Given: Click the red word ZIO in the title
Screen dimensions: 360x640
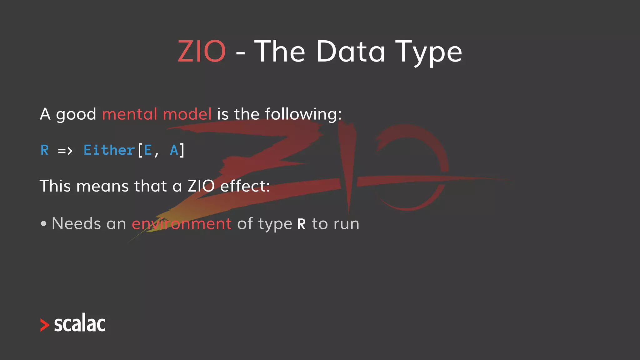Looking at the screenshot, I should pyautogui.click(x=202, y=51).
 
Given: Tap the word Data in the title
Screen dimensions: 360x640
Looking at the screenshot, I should pyautogui.click(x=351, y=51).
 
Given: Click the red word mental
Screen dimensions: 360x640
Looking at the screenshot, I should pyautogui.click(x=130, y=114).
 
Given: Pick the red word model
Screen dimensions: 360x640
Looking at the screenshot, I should pyautogui.click(x=187, y=114).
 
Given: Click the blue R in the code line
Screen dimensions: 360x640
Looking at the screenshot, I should pyautogui.click(x=45, y=150).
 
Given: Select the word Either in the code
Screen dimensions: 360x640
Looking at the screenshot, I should pyautogui.click(x=109, y=150).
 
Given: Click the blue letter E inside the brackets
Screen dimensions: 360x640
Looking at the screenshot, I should pyautogui.click(x=148, y=150).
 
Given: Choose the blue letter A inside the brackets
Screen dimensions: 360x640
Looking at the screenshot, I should pyautogui.click(x=174, y=150).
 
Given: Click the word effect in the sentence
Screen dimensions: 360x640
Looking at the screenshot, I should pyautogui.click(x=245, y=186).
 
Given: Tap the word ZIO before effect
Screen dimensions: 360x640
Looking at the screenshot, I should pyautogui.click(x=201, y=186).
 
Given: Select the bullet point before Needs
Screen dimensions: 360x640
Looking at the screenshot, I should pyautogui.click(x=44, y=224).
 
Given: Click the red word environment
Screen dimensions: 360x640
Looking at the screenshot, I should pyautogui.click(x=182, y=224).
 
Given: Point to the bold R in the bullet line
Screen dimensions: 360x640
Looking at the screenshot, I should pyautogui.click(x=301, y=224).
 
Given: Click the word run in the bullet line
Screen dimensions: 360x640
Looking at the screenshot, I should pyautogui.click(x=346, y=224).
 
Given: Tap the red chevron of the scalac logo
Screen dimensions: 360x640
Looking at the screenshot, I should pyautogui.click(x=45, y=325).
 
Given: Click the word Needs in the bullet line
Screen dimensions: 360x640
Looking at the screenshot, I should pyautogui.click(x=76, y=224).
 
